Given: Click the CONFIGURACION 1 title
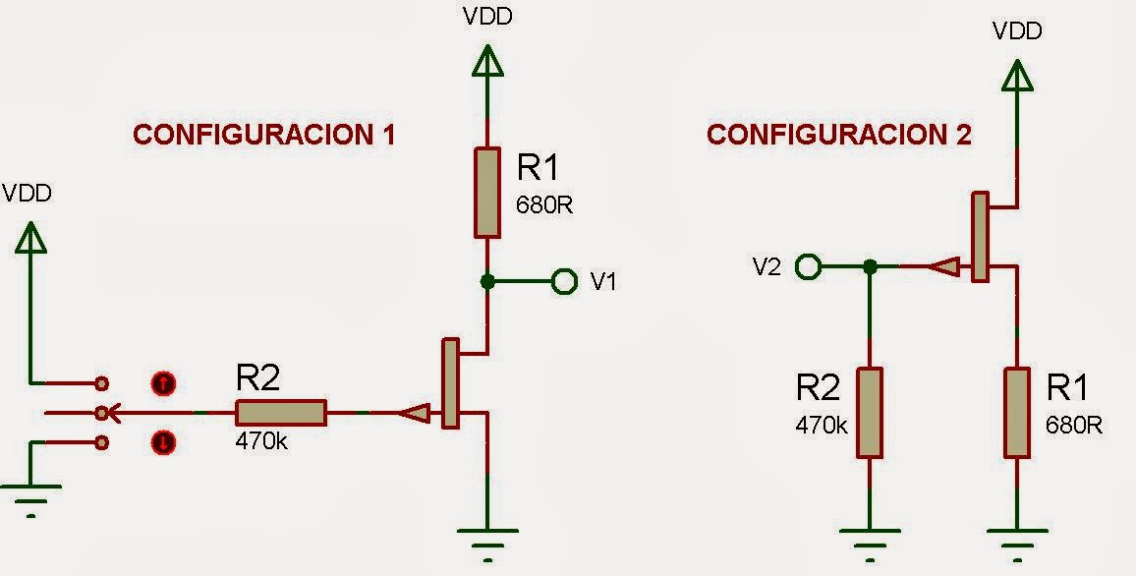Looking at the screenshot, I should click(x=263, y=135).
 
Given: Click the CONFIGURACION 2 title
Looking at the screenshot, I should click(x=839, y=135).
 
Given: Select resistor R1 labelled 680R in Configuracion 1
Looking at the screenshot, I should click(x=487, y=192).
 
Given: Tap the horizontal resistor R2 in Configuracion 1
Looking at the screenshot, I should click(x=280, y=413).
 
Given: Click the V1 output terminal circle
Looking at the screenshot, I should click(x=564, y=282).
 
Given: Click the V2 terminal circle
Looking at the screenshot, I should click(x=808, y=265).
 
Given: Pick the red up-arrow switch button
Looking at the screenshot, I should click(x=163, y=382).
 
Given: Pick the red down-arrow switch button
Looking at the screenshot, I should click(x=163, y=443).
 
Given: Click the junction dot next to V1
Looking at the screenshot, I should click(x=487, y=282).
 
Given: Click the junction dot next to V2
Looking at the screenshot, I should click(x=870, y=265).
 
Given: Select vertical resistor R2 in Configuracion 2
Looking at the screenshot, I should click(x=870, y=413).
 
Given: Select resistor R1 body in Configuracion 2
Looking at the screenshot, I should click(x=1017, y=413).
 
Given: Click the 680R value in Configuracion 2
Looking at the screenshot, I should click(x=1074, y=425).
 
